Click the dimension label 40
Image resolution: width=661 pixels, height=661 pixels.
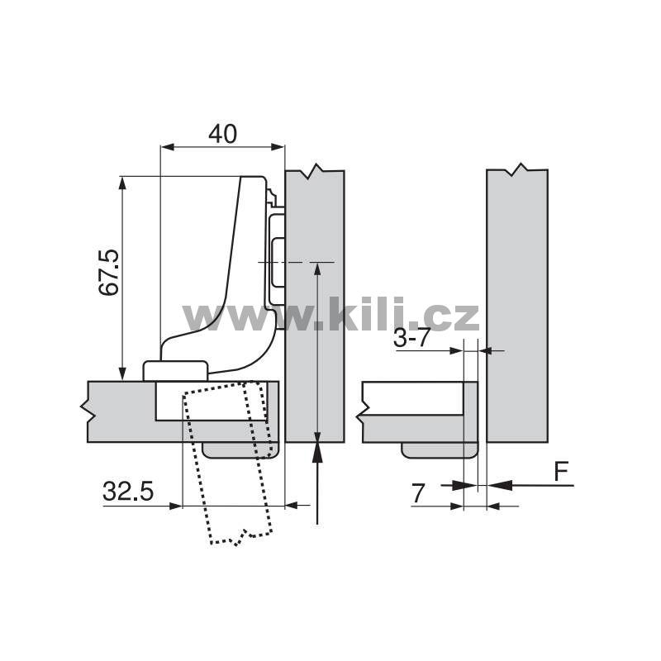222,134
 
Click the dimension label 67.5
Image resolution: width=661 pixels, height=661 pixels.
109,273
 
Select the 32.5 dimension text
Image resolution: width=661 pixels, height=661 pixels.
128,491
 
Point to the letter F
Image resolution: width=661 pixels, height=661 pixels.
561,472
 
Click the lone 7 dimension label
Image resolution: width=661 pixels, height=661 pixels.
417,493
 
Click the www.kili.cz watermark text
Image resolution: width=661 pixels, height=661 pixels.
331,314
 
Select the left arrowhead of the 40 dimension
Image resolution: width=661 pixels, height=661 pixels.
168,147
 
